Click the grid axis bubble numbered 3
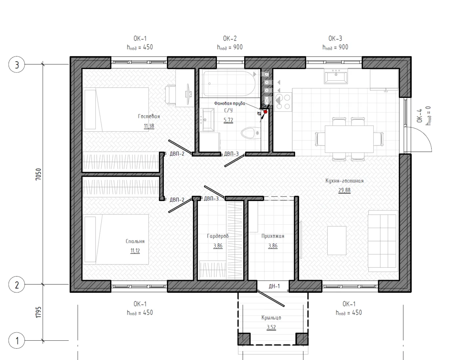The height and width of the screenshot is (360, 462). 17,64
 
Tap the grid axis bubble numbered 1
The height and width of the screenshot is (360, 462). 17,340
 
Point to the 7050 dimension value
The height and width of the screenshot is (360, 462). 38,174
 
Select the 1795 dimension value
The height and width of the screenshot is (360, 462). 38,312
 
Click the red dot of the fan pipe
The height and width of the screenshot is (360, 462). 265,112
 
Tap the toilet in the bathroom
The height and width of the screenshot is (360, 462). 251,133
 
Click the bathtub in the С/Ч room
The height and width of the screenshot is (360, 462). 230,83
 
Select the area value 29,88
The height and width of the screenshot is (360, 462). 344,190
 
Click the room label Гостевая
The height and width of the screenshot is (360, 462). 149,116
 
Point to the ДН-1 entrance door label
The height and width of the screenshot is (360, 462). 274,286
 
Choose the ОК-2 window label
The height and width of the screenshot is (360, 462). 230,39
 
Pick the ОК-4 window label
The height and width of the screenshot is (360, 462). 419,116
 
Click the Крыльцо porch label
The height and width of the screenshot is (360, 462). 271,318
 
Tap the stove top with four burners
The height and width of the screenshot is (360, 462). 283,102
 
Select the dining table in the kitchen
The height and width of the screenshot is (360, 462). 349,139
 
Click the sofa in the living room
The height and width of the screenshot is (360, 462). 383,241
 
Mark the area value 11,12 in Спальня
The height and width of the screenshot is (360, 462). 135,251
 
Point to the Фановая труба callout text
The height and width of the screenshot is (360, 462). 230,103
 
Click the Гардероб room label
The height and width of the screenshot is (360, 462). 218,236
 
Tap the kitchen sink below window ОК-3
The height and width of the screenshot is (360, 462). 336,76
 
